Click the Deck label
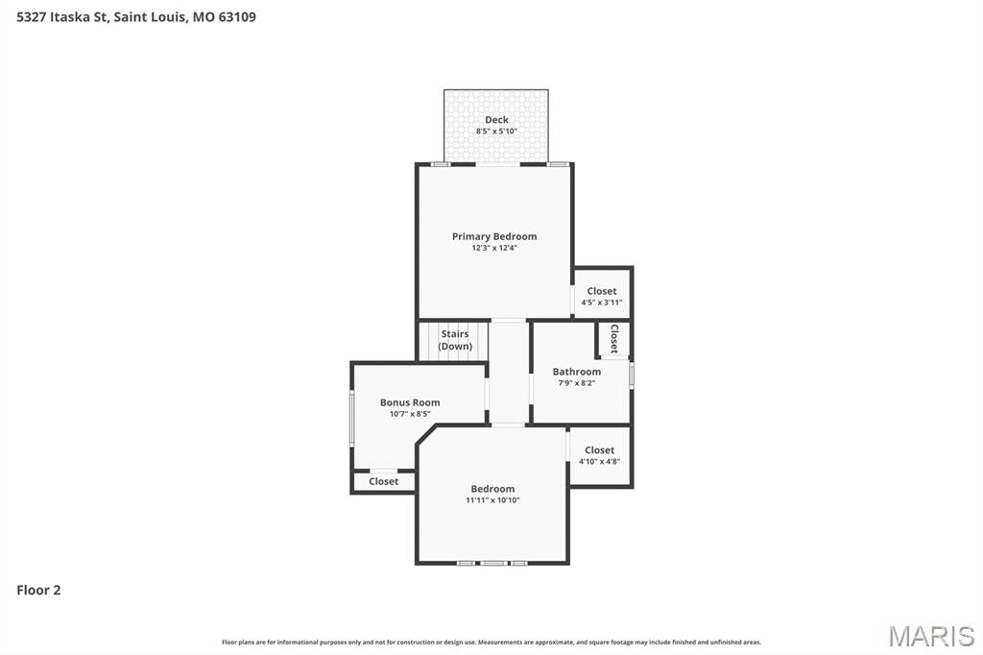(496, 120)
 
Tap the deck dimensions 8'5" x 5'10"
(496, 132)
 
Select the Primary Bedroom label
(494, 236)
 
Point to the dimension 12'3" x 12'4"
(494, 248)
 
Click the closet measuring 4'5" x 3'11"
(602, 296)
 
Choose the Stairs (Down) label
(455, 340)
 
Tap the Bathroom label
(577, 372)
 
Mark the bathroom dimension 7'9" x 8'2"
(577, 383)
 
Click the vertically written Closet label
(613, 338)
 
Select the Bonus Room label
(410, 402)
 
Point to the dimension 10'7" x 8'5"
(410, 414)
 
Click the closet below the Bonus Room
(383, 481)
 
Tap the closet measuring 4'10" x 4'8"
(599, 455)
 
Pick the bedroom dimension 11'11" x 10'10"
(492, 499)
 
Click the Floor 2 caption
(38, 591)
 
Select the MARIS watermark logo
(931, 636)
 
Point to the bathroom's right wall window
(631, 374)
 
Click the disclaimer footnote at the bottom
(491, 643)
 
